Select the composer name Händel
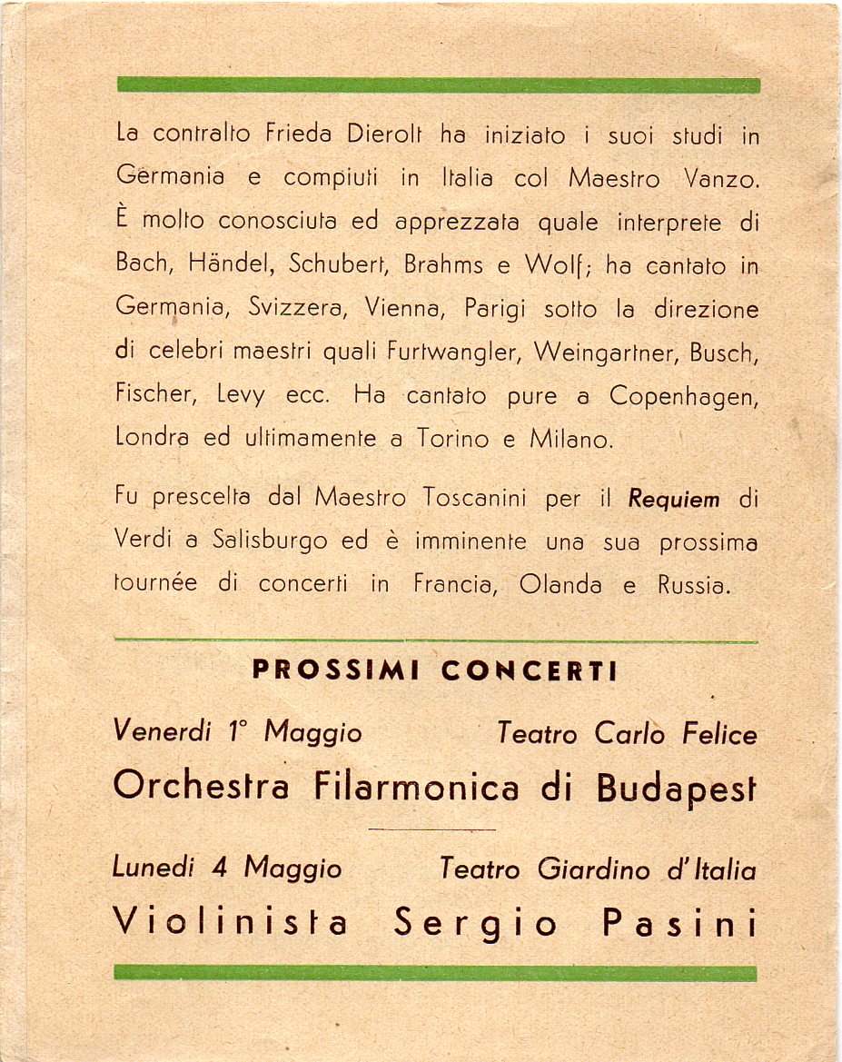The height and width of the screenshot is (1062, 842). tap(229, 263)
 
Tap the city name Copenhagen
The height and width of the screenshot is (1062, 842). tap(684, 396)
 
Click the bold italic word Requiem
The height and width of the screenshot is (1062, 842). tap(674, 499)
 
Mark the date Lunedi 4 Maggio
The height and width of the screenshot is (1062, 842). tap(227, 868)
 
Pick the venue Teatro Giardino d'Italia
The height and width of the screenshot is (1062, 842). tap(598, 869)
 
